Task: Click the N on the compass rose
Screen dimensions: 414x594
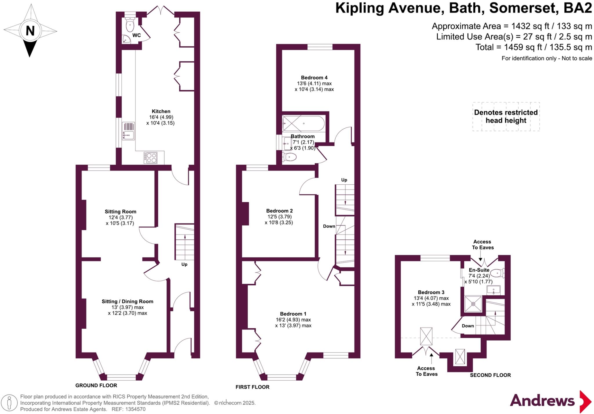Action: click(x=30, y=30)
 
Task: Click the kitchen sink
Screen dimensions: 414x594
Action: click(x=128, y=135)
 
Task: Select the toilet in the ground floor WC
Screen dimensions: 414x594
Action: click(x=130, y=26)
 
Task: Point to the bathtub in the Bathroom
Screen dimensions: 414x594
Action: click(x=303, y=124)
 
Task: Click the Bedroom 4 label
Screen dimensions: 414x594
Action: click(x=314, y=78)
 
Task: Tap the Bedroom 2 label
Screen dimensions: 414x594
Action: click(x=279, y=211)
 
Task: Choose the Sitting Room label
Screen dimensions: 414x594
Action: click(x=120, y=212)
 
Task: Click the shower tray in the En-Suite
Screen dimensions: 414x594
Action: click(x=473, y=304)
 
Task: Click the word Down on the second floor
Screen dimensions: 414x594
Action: click(x=468, y=326)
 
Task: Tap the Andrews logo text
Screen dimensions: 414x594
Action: click(x=542, y=401)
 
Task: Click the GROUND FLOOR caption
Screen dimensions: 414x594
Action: click(x=96, y=385)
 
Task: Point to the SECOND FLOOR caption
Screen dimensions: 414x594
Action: click(x=490, y=375)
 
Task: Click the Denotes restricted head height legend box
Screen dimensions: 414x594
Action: click(x=506, y=116)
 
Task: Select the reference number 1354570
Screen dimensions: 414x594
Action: click(x=135, y=409)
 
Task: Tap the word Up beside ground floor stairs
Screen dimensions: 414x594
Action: click(x=184, y=264)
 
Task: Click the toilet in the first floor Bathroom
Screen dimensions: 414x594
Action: click(x=290, y=157)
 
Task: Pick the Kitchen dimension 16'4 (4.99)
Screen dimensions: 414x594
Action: click(x=161, y=117)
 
